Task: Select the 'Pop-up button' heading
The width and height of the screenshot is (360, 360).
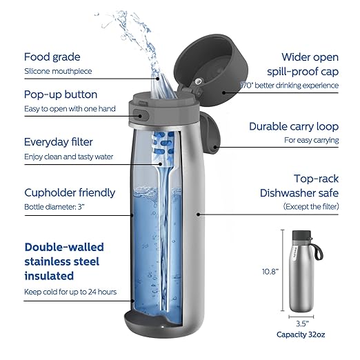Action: [x=61, y=94]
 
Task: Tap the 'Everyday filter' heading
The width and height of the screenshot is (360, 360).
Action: [x=59, y=142]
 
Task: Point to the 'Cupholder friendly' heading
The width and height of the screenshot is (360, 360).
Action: [x=70, y=192]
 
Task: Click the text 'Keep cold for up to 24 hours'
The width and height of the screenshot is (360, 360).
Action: [x=70, y=292]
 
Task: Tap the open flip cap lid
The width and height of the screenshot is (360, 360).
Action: [x=203, y=63]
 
